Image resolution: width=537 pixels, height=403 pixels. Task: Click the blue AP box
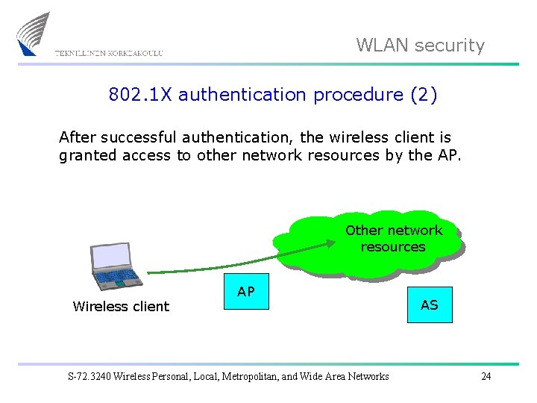246,293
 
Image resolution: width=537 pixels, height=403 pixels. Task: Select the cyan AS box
430,304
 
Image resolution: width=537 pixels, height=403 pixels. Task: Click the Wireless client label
121,306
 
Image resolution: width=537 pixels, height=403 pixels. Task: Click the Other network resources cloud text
393,239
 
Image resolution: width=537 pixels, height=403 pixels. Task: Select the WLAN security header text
420,46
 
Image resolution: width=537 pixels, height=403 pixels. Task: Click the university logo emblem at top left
33,34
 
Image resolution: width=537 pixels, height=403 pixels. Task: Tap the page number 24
486,376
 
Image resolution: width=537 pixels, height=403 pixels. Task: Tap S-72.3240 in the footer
87,376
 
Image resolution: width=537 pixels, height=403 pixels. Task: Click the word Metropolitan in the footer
253,376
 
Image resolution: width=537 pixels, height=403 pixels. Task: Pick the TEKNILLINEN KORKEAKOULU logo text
109,53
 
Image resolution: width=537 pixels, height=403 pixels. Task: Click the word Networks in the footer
366,376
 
